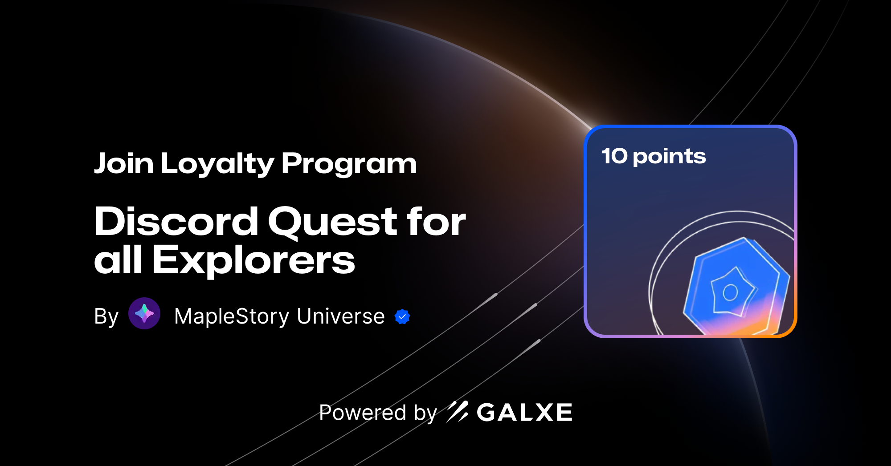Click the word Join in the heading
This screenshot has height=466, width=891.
pos(124,163)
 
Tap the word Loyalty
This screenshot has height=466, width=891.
pos(217,164)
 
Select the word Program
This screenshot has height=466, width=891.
pos(349,164)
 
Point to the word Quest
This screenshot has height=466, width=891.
pos(332,222)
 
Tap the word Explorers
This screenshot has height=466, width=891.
pos(253,260)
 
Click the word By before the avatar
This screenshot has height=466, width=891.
pos(106,316)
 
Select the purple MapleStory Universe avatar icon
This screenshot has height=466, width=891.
pos(144,313)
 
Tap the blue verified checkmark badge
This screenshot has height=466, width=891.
pos(402,316)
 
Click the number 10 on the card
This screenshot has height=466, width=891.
pos(614,156)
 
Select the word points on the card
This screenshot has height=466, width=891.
pos(669,157)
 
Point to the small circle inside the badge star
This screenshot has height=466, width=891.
pos(730,292)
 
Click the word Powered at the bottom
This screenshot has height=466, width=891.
pos(363,413)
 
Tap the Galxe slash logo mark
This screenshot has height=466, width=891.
pos(457,412)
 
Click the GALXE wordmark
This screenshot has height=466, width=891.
pos(524,413)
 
